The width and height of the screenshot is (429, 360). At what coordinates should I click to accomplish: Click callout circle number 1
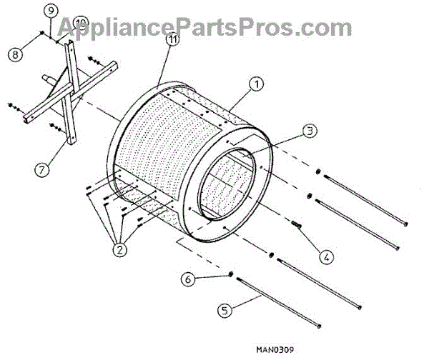click(256, 85)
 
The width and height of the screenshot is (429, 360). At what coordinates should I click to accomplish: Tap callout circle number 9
click(49, 11)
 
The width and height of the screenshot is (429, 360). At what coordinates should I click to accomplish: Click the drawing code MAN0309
click(275, 350)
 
